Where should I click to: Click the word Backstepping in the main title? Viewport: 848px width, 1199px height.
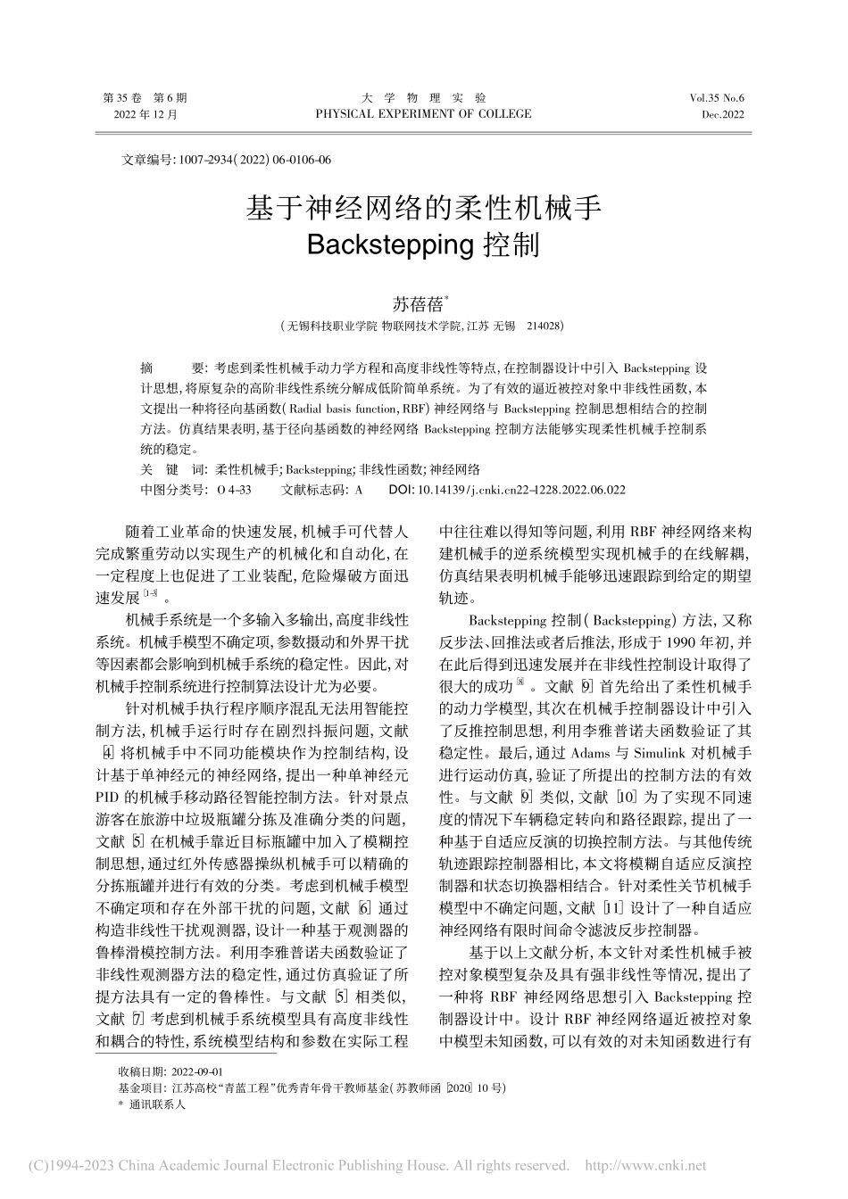point(389,244)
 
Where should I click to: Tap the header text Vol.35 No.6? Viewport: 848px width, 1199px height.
point(716,97)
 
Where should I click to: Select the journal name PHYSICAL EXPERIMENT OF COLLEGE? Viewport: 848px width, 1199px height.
point(423,114)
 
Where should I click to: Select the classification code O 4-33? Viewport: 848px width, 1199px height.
point(235,490)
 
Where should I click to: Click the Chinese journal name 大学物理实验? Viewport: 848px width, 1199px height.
point(423,97)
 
